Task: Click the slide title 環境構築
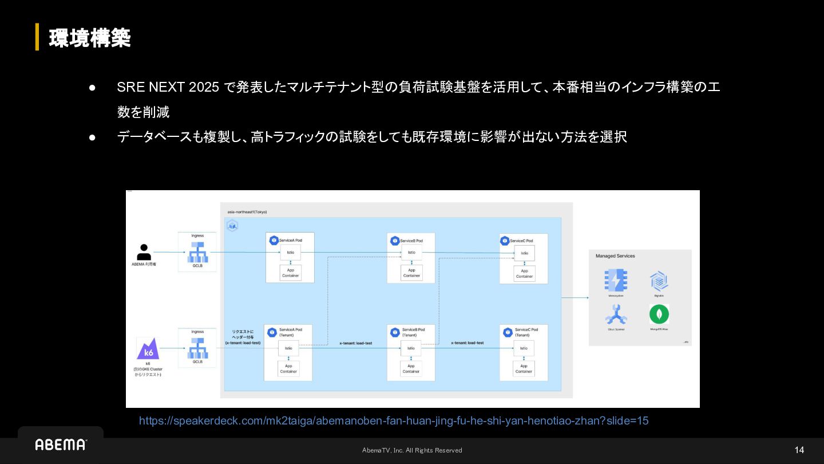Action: pos(90,38)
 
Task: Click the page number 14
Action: pos(799,450)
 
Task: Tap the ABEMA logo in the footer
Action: pos(61,445)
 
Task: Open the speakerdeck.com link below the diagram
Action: pos(394,421)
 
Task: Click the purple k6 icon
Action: pos(148,348)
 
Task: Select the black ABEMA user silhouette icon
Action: pos(144,252)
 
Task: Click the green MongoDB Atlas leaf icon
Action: pos(659,314)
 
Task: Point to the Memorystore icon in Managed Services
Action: pos(616,281)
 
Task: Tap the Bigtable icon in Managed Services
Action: pos(659,281)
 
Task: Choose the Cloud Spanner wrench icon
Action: pos(616,314)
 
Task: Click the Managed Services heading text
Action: pos(615,256)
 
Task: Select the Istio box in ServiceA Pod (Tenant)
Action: pos(288,348)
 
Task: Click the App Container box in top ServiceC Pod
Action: pos(524,274)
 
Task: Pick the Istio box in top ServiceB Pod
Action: pos(411,253)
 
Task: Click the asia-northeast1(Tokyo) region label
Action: pos(247,212)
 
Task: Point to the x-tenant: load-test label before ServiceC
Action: pos(467,343)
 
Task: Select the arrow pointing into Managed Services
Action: pos(575,298)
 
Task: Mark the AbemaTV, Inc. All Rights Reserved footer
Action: pos(412,450)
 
